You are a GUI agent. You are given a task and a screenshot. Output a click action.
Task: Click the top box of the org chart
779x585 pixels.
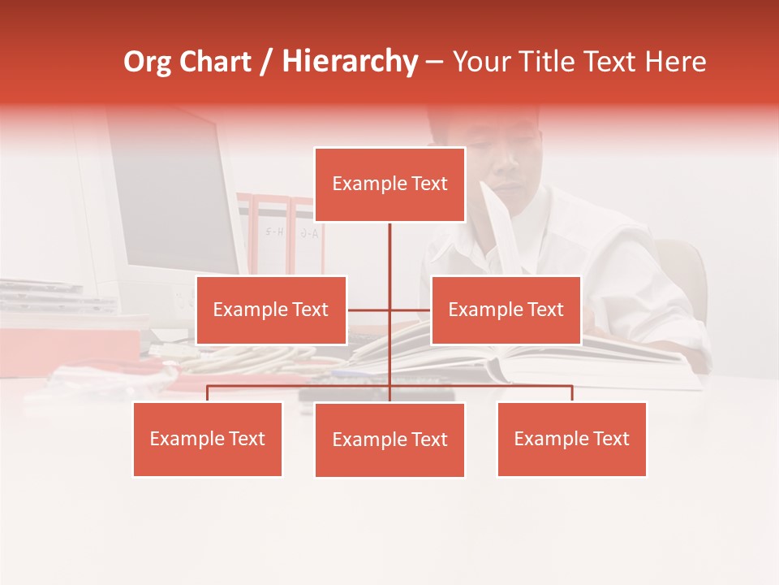[389, 184]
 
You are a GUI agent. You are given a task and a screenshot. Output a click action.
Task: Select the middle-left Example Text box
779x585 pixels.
[271, 310]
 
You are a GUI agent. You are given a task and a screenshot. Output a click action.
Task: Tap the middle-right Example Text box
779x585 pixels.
[506, 310]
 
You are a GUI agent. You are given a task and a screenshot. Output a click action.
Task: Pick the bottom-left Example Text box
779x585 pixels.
[208, 439]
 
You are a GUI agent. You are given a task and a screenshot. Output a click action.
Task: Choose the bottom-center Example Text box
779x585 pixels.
[389, 440]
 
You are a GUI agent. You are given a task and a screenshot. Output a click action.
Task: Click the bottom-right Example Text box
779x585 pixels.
[571, 439]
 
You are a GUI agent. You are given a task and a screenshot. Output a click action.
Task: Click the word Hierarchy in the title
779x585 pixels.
[350, 62]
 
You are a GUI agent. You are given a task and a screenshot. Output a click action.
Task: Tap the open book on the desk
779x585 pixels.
[568, 357]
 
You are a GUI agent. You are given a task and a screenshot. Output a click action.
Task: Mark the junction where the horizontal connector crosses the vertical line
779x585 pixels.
[389, 310]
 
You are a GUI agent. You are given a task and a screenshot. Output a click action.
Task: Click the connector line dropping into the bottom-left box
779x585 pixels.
[208, 393]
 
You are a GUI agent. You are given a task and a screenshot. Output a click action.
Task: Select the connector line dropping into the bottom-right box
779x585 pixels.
[571, 393]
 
